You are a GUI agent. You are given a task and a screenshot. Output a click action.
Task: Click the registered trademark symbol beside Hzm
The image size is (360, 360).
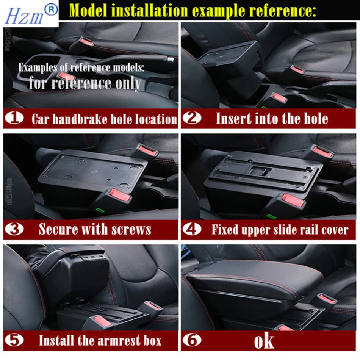point(51,9)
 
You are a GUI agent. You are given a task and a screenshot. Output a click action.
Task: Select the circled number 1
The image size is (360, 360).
point(14,118)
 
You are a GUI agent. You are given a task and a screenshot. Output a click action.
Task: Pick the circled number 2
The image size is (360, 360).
point(192,118)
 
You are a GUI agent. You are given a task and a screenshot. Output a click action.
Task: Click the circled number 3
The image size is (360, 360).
point(14,229)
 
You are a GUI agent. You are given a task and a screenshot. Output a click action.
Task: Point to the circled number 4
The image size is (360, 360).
point(192,229)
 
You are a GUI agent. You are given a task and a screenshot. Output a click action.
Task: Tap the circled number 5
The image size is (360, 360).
point(14,340)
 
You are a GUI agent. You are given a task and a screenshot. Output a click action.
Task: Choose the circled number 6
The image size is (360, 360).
point(192,340)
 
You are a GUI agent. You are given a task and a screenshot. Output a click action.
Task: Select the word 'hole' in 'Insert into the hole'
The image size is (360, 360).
point(316,119)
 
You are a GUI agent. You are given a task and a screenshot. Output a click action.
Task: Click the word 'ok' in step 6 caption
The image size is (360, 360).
point(264,341)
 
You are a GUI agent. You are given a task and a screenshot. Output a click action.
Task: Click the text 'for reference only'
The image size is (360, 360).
point(85,83)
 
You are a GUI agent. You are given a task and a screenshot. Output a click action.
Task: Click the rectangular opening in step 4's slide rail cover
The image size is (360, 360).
point(261,171)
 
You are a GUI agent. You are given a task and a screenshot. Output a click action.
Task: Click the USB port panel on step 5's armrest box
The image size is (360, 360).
point(93,257)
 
